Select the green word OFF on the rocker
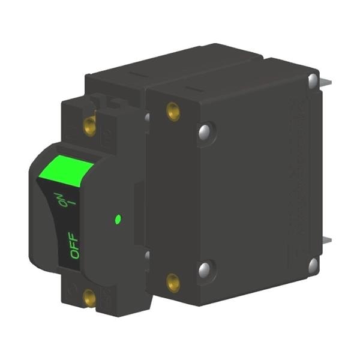click(74, 245)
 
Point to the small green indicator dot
click(118, 219)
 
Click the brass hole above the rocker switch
click(89, 126)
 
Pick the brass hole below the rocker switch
click(89, 298)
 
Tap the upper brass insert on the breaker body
click(173, 112)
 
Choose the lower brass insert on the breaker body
click(173, 282)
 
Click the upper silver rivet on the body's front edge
click(205, 132)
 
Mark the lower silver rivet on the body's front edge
click(205, 269)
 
